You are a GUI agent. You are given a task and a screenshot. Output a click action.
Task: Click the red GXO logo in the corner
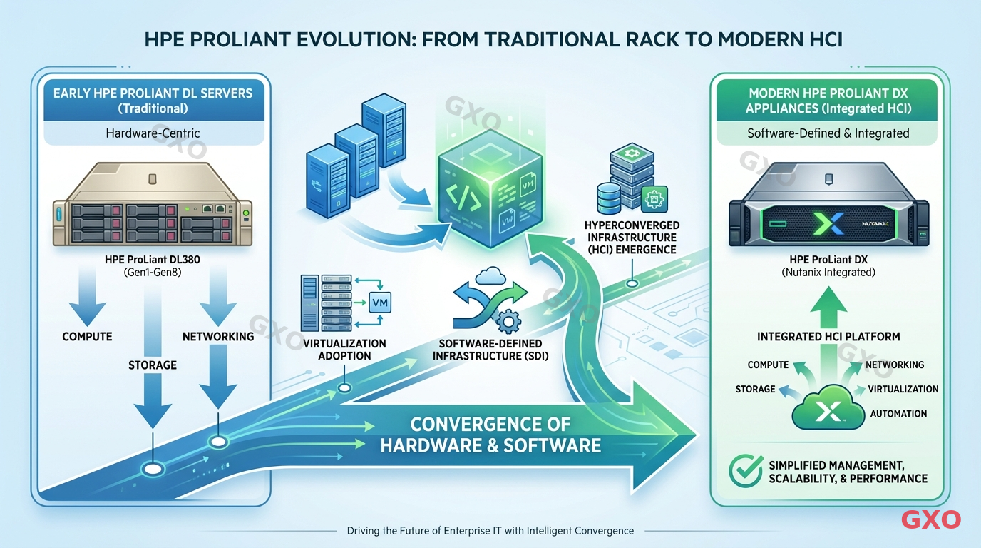[x=931, y=519]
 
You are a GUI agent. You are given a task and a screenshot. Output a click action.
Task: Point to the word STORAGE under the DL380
[x=152, y=365]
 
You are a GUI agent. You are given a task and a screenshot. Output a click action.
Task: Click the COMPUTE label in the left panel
[x=87, y=336]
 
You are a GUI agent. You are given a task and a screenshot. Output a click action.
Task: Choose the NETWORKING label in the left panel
[x=218, y=336]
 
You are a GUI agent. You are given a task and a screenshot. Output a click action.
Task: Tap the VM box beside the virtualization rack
[x=379, y=303]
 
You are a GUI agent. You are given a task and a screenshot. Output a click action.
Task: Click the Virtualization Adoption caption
[x=344, y=350]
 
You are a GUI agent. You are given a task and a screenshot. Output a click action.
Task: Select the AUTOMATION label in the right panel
[x=898, y=413]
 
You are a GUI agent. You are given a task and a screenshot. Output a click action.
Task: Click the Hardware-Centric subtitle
[x=152, y=133]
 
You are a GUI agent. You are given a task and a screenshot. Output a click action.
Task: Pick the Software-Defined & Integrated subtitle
[x=828, y=133]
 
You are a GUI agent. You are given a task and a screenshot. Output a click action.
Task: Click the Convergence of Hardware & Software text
[x=490, y=435]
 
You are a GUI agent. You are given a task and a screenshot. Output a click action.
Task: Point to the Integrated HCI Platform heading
[x=828, y=336]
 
